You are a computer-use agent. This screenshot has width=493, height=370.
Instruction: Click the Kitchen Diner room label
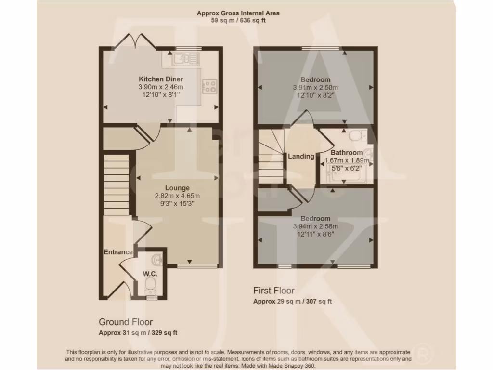pos(161,79)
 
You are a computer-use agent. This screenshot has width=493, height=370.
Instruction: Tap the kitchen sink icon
pos(182,59)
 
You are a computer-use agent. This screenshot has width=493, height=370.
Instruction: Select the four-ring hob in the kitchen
pos(210,86)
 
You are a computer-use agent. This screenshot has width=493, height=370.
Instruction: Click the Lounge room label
pos(177,188)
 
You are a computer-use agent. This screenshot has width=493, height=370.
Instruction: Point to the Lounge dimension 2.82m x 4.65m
pos(177,196)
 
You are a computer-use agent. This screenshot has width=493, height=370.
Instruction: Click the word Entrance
pos(118,252)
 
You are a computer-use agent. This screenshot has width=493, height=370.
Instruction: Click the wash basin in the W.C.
pos(157,261)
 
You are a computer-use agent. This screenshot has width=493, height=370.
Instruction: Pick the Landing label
pos(301,156)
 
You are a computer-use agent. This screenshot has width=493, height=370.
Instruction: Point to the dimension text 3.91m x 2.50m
pos(315,88)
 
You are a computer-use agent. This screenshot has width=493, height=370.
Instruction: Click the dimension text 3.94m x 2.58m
pos(315,226)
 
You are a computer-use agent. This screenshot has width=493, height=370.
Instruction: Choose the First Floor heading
pos(274,291)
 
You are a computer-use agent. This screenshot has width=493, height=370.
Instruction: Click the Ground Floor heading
pos(126,322)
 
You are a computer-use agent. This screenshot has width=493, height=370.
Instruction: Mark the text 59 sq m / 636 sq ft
pos(238,21)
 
